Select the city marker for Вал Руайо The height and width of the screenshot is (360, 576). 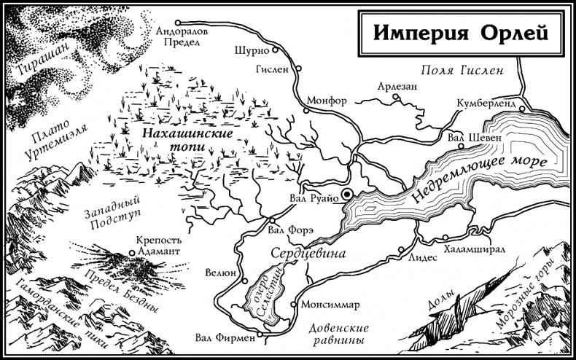pos(348,193)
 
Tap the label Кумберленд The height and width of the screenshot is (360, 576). pos(486,104)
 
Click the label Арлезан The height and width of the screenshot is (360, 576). pos(397,86)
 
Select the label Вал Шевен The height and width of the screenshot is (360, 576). pos(475,137)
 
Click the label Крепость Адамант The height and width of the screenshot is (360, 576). pos(159,245)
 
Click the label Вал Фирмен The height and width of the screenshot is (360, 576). pos(225,337)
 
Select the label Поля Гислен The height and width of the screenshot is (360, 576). pos(463,71)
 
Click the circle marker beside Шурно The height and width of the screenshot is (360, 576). pos(276,50)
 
